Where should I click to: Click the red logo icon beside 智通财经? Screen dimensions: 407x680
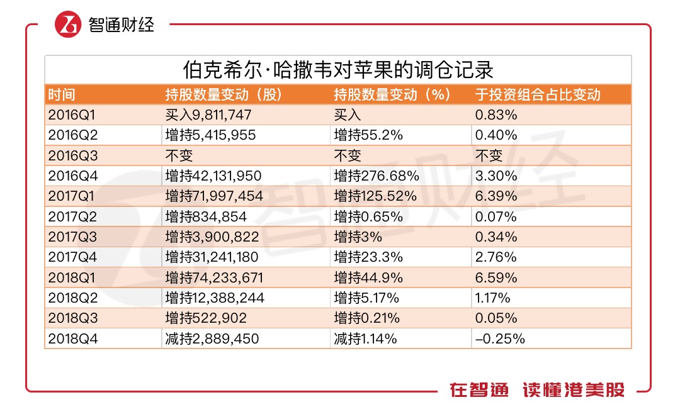click(68, 25)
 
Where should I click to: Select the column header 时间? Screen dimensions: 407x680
click(61, 95)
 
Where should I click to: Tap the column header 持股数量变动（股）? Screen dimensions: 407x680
click(223, 95)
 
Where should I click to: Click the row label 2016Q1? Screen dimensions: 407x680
click(71, 115)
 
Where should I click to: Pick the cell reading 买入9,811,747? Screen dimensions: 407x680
click(208, 115)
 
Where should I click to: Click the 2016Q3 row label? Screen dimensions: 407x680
click(71, 156)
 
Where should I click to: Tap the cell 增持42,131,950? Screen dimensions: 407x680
click(213, 176)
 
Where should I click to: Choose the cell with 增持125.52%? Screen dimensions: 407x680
click(375, 196)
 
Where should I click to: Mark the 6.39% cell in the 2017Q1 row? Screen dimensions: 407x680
click(496, 196)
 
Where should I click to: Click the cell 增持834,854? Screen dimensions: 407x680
click(205, 217)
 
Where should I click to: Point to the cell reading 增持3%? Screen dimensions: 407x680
click(357, 237)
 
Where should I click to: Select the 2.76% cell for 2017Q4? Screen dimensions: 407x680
click(496, 257)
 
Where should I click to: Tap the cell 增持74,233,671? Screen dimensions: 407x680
click(213, 278)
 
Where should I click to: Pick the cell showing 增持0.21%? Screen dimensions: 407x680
click(367, 318)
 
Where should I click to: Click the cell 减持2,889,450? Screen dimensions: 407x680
click(212, 339)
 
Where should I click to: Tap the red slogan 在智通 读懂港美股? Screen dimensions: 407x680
click(536, 389)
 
